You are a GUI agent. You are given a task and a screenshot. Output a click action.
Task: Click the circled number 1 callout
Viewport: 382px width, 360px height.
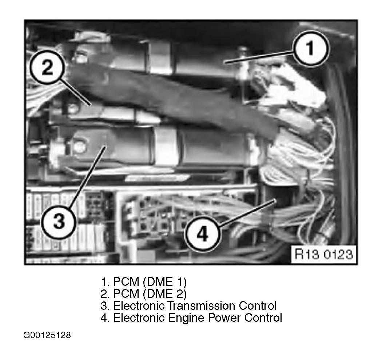[x=311, y=48]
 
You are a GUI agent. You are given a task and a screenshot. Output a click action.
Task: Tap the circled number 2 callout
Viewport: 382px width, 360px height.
[x=47, y=67]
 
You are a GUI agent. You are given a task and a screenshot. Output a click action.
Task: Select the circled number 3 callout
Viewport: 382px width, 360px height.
[x=59, y=221]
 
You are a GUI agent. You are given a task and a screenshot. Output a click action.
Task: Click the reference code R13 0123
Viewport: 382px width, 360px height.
[x=323, y=254]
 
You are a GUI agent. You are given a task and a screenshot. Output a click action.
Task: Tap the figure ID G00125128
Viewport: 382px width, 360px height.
[x=47, y=335]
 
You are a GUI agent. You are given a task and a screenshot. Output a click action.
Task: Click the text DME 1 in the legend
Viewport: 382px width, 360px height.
[x=165, y=282]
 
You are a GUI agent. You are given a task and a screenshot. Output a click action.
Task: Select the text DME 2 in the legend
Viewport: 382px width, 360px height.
[x=165, y=294]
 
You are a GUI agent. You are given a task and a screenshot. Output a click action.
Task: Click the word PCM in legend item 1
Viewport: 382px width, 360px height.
[x=126, y=282]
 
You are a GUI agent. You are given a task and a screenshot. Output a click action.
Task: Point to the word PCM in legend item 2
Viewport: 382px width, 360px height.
[x=126, y=294]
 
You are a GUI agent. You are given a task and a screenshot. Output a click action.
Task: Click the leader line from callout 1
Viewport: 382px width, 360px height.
[x=259, y=57]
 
